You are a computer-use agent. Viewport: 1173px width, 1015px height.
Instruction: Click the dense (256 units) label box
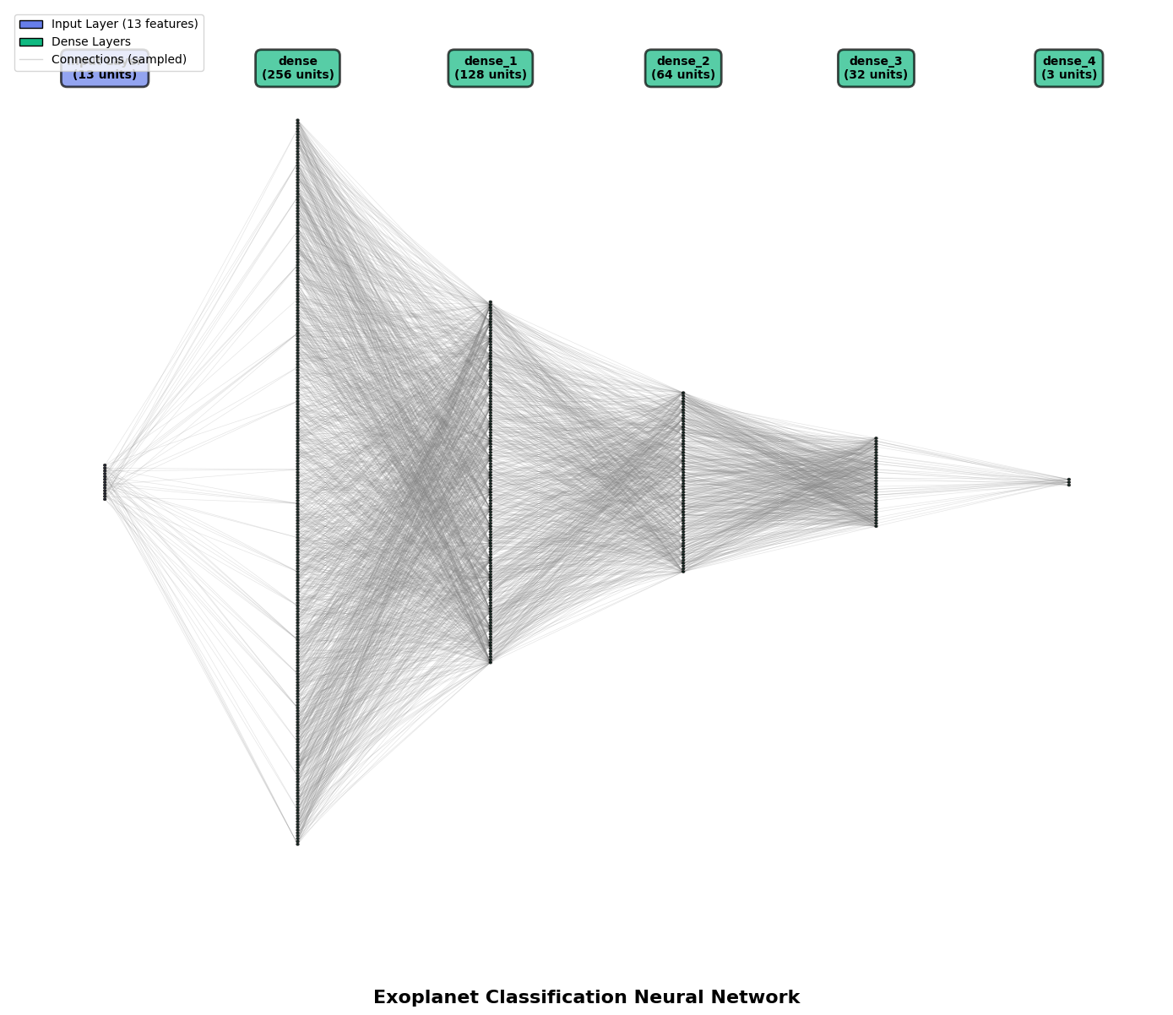[x=297, y=68]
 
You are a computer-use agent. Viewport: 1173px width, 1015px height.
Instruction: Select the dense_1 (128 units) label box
[x=490, y=68]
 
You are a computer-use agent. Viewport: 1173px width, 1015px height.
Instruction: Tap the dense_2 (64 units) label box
[x=682, y=68]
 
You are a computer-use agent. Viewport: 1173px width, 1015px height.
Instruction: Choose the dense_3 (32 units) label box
[x=875, y=68]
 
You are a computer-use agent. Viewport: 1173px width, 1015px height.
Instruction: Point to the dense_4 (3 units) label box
[x=1068, y=68]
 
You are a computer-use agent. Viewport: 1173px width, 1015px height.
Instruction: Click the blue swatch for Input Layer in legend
[x=31, y=24]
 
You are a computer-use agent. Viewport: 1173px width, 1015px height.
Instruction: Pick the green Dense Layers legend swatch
[x=31, y=42]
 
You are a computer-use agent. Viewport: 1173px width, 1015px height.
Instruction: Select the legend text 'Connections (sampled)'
[x=119, y=60]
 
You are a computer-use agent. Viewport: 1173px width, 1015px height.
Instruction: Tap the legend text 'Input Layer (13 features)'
[x=124, y=24]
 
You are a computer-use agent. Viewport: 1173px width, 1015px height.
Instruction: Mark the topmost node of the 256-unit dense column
[x=297, y=121]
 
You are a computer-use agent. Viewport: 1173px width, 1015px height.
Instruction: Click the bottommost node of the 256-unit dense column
[x=297, y=844]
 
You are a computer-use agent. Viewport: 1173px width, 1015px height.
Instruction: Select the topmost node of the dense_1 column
[x=490, y=302]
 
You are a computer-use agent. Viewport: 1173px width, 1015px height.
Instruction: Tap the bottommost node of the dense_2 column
[x=682, y=572]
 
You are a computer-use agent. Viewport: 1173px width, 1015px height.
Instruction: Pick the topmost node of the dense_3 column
[x=876, y=438]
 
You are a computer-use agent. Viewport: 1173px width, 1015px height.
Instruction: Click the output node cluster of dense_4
[x=1068, y=482]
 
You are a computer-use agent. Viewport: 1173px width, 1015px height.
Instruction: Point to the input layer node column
[x=105, y=482]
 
